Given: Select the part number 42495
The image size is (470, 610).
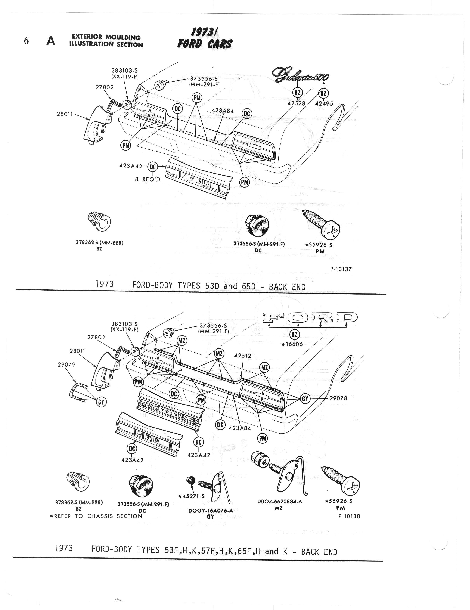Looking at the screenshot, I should click(x=324, y=104).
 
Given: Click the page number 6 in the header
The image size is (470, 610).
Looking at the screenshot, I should click(x=26, y=41).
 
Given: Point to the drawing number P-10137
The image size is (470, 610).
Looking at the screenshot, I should click(x=341, y=269).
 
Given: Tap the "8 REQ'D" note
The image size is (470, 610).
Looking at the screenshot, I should click(x=148, y=179).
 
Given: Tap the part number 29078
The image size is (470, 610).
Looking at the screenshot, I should click(x=338, y=398).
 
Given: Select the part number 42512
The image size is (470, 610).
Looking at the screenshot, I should click(x=243, y=356).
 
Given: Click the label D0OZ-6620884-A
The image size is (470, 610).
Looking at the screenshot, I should click(x=279, y=501).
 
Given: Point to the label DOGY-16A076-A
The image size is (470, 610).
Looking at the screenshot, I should click(x=211, y=511).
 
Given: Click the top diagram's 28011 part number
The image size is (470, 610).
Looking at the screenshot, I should click(x=65, y=114).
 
